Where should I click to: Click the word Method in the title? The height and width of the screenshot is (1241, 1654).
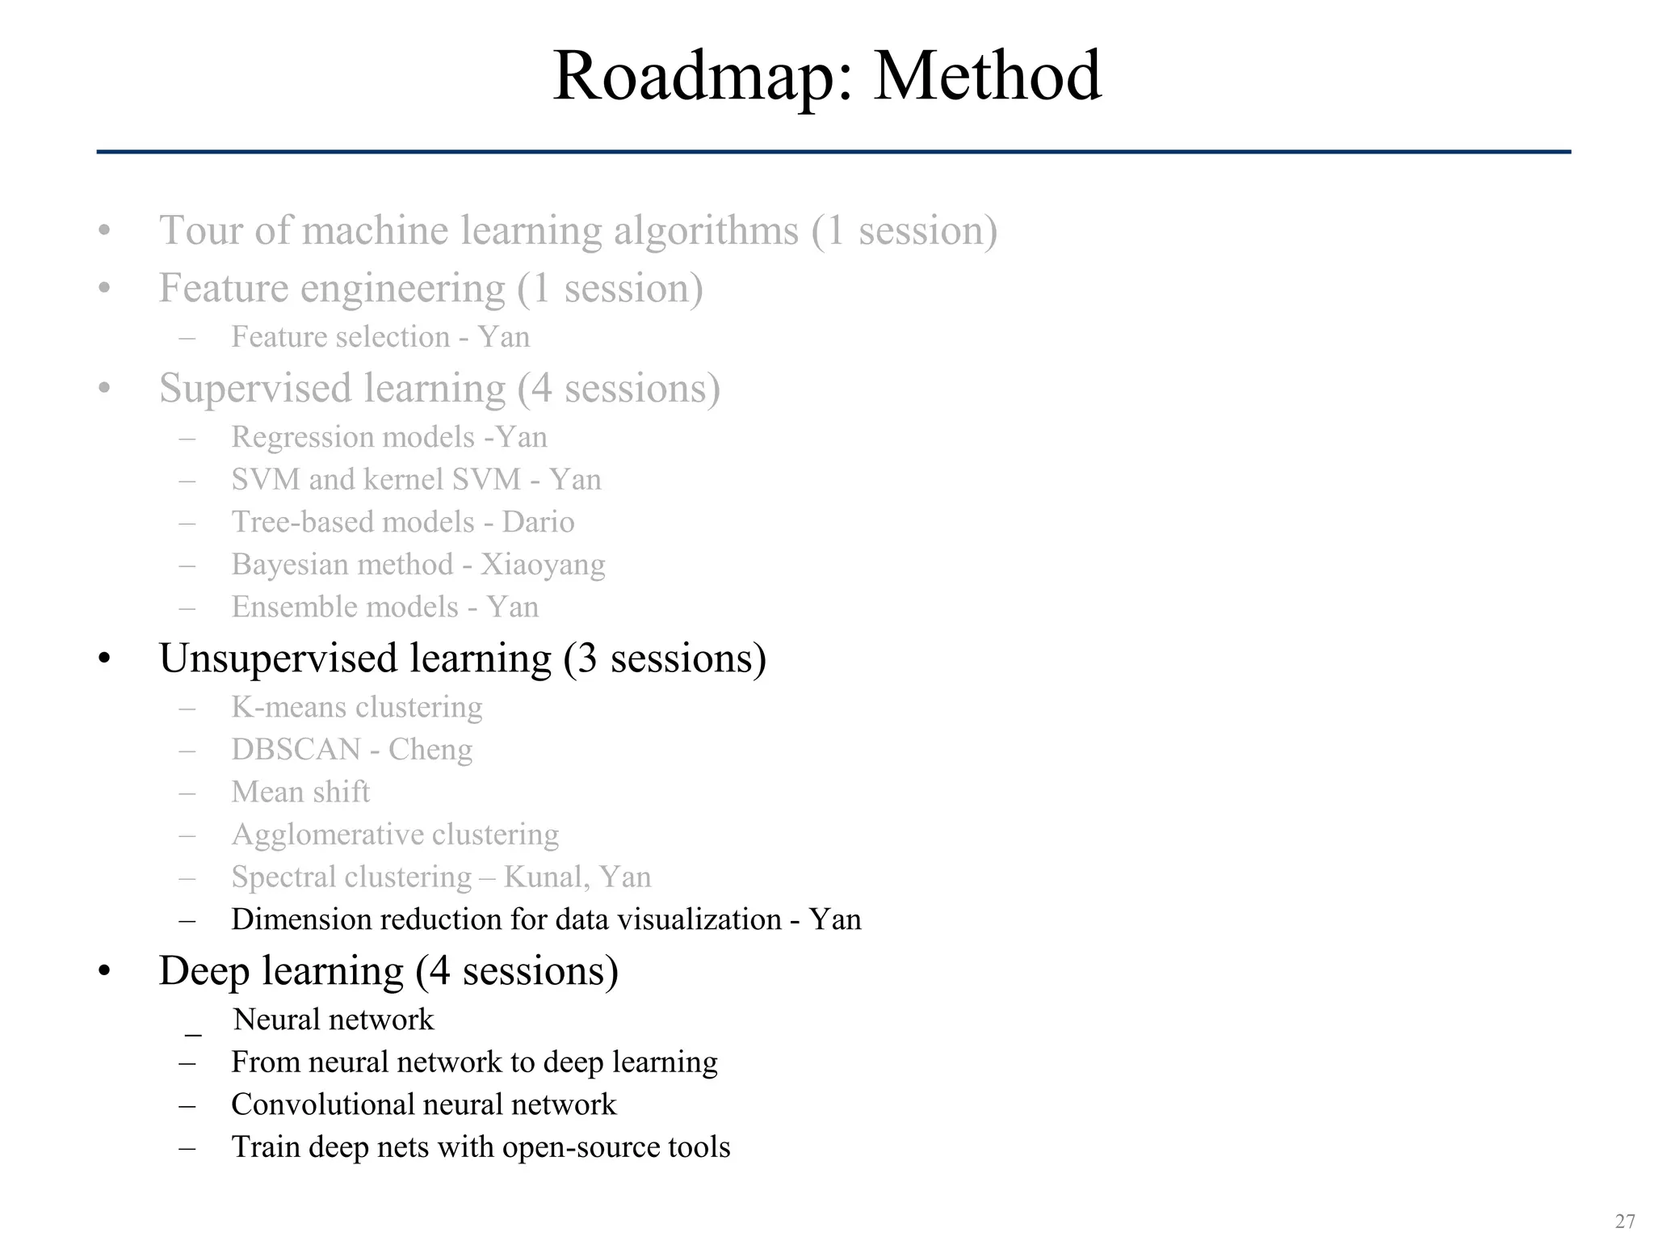[x=987, y=77]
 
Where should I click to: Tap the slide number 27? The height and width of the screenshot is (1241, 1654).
[x=1624, y=1220]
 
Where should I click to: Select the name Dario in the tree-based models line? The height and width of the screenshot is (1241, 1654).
[x=538, y=522]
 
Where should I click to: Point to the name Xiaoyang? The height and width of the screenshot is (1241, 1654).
[x=543, y=565]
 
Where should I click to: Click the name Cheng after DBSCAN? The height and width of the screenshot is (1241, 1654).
[x=430, y=750]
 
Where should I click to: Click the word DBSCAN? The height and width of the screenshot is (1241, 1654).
[x=296, y=750]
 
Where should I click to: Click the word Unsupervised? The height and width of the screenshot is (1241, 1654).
[x=278, y=658]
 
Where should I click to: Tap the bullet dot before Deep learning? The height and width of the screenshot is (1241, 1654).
[x=103, y=972]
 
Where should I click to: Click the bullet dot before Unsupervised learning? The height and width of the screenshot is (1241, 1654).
[x=103, y=660]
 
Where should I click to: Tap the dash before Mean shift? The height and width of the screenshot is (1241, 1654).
[x=188, y=793]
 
